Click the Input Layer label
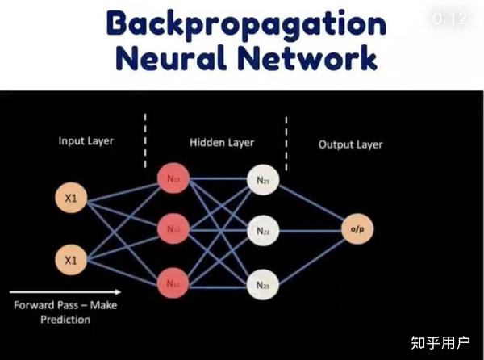pos(86,141)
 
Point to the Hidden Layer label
pos(222,143)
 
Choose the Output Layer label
pos(350,144)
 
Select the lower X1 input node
pos(70,260)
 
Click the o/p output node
pos(357,230)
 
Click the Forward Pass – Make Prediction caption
pos(65,312)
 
